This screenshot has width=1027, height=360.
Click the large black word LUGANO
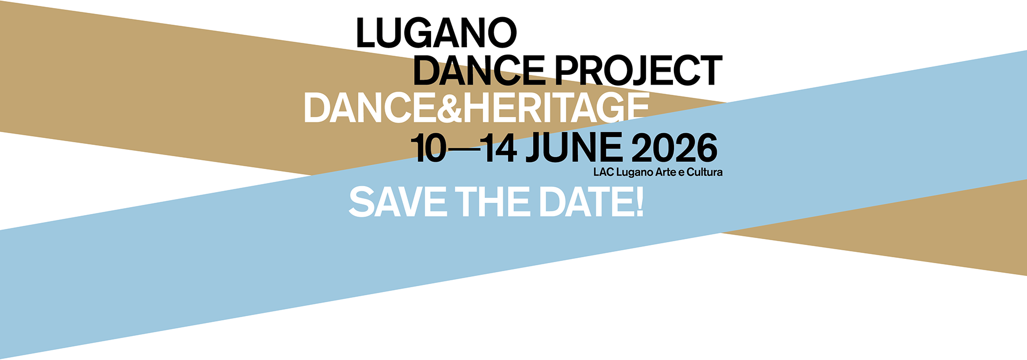[436, 33]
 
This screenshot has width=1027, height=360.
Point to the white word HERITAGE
[556, 108]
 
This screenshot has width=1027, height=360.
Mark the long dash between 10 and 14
[464, 149]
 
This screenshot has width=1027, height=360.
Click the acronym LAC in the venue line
[603, 172]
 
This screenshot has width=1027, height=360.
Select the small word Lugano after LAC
[635, 173]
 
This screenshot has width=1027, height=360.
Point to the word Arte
[666, 172]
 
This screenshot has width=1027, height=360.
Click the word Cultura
[705, 172]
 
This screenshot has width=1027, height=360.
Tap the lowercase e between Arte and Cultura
[681, 173]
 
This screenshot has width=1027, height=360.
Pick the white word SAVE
[398, 202]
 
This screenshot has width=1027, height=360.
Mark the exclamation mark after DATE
[639, 202]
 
